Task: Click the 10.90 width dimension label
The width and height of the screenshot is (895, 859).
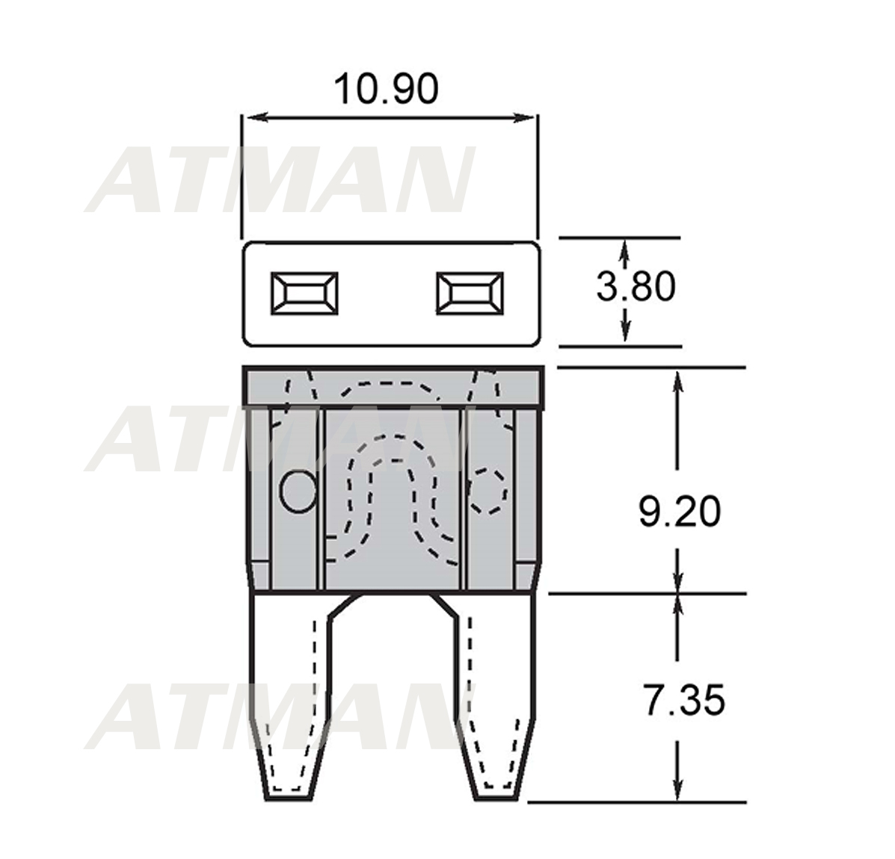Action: tap(386, 89)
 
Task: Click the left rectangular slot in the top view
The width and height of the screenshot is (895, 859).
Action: tap(304, 293)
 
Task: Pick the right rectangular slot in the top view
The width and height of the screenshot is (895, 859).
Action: tap(470, 293)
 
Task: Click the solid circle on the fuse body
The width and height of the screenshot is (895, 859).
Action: tap(298, 491)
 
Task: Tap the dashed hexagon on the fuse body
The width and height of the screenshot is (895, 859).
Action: tap(487, 491)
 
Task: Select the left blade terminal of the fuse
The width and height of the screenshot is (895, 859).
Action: tap(291, 697)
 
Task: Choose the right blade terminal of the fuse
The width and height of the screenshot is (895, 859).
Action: tap(496, 697)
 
